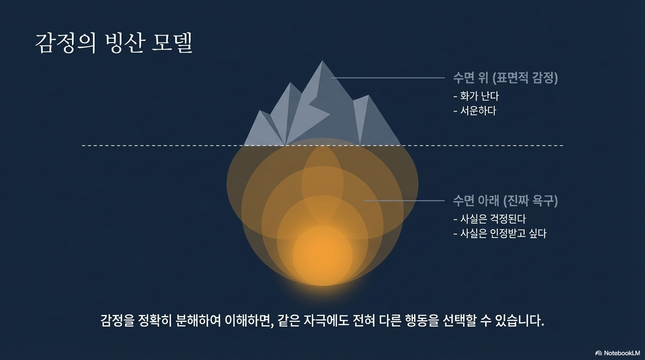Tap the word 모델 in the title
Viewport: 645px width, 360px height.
pyautogui.click(x=172, y=43)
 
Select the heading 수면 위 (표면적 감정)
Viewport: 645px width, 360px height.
pyautogui.click(x=505, y=78)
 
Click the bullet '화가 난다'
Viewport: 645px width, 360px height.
pyautogui.click(x=476, y=96)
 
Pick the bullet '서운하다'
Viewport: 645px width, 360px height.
pyautogui.click(x=475, y=111)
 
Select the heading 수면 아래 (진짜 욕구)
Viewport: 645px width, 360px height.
pyautogui.click(x=505, y=201)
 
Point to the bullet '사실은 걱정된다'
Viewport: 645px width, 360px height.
pyautogui.click(x=489, y=219)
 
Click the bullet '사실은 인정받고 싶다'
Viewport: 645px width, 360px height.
pyautogui.click(x=500, y=233)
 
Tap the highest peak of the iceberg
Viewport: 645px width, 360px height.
pyautogui.click(x=322, y=61)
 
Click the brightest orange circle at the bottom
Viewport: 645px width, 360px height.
pyautogui.click(x=322, y=256)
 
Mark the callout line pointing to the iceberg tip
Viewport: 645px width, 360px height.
pyautogui.click(x=387, y=78)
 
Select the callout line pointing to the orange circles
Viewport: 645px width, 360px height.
pyautogui.click(x=404, y=201)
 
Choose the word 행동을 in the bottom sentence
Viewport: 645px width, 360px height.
pyautogui.click(x=422, y=321)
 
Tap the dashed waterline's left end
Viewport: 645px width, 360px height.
pyautogui.click(x=82, y=146)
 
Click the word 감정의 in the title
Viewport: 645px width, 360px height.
pyautogui.click(x=66, y=43)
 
